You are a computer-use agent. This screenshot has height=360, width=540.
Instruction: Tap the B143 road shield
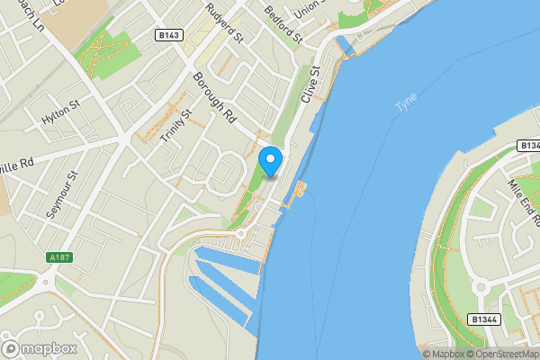pyautogui.click(x=168, y=35)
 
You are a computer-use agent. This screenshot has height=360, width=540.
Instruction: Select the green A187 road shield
pyautogui.click(x=59, y=257)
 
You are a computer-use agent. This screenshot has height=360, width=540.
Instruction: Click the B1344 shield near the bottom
pyautogui.click(x=483, y=319)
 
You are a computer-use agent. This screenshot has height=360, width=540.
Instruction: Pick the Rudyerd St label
pyautogui.click(x=224, y=23)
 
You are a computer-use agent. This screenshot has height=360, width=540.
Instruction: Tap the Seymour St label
pyautogui.click(x=63, y=193)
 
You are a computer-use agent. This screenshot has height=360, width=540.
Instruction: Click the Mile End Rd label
pyautogui.click(x=522, y=200)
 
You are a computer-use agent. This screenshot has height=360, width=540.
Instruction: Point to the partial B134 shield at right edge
pyautogui.click(x=528, y=146)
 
